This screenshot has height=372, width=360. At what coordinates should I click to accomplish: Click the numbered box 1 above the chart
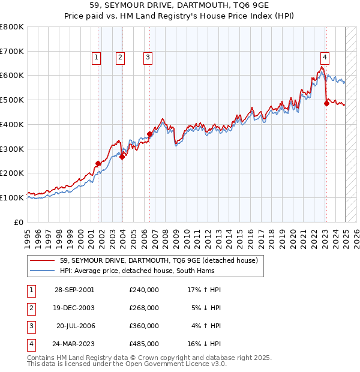97,58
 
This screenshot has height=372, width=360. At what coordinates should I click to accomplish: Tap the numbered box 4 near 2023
325,58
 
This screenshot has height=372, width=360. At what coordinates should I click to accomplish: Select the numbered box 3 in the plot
147,58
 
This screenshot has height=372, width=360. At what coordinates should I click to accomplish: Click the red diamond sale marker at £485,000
326,103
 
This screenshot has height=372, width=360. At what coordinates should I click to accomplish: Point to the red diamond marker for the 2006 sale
149,134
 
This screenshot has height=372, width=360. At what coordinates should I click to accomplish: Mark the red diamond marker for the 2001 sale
98,163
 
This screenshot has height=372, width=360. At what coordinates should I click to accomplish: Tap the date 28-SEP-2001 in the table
74,289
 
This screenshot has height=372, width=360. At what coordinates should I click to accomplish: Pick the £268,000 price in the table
144,307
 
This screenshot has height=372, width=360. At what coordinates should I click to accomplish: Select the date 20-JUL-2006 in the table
75,326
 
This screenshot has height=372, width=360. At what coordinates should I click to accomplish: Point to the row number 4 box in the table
30,344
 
